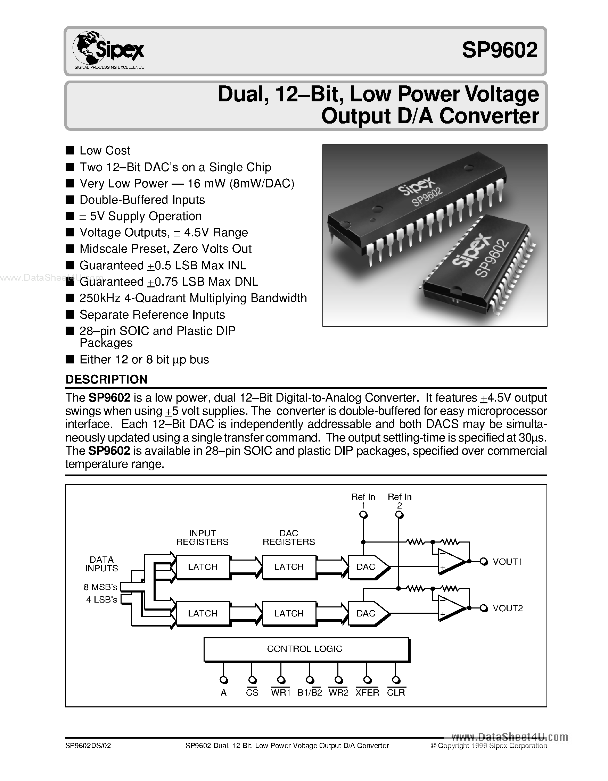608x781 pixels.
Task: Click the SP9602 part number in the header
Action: click(x=499, y=50)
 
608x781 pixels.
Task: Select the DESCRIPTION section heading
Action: click(x=106, y=379)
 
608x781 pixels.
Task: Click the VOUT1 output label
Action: click(x=507, y=562)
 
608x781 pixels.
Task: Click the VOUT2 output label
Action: click(x=508, y=608)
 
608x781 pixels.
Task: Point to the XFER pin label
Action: click(x=367, y=693)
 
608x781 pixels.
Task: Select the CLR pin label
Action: click(x=396, y=693)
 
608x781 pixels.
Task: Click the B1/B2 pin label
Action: click(x=310, y=693)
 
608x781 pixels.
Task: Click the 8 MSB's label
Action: click(x=100, y=587)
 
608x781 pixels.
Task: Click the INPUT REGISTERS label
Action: click(x=202, y=537)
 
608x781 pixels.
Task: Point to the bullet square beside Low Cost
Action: click(x=70, y=150)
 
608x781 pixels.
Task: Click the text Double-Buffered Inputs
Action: click(x=142, y=200)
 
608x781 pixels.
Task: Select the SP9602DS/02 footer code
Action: click(x=88, y=746)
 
